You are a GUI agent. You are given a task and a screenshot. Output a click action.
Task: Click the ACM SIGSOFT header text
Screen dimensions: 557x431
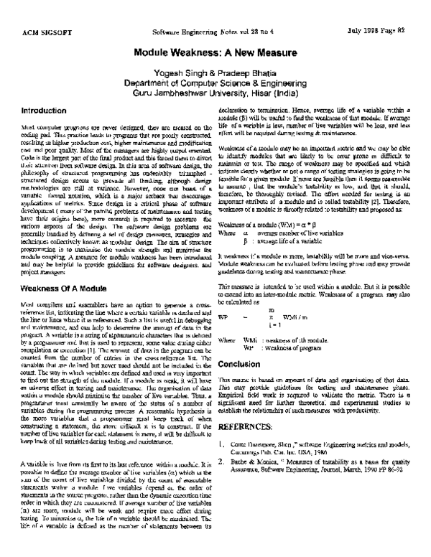(x=48, y=32)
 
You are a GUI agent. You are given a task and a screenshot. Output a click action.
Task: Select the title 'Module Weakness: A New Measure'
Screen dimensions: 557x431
(x=215, y=52)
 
